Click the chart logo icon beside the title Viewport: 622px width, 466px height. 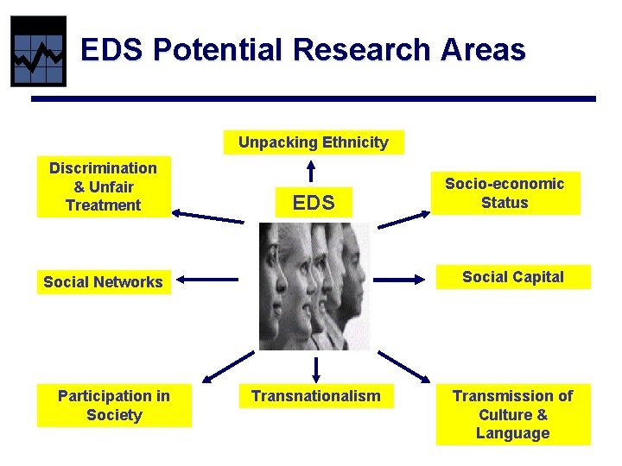click(38, 52)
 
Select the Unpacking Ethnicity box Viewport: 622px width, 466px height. click(314, 142)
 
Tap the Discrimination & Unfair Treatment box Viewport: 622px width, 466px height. click(103, 186)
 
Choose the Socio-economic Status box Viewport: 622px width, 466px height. click(505, 193)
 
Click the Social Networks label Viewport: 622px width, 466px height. click(104, 281)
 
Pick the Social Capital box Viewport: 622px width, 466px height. click(512, 277)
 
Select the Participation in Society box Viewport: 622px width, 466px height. click(114, 406)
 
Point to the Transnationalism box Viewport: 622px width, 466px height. click(315, 396)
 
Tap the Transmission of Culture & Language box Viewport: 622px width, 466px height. click(512, 414)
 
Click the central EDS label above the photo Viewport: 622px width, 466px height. click(313, 204)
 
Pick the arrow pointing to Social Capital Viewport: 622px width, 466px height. click(403, 279)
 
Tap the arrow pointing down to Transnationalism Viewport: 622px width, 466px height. click(315, 368)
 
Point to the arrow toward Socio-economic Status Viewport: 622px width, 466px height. click(404, 219)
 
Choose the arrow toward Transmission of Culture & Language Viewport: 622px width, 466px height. click(403, 366)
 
